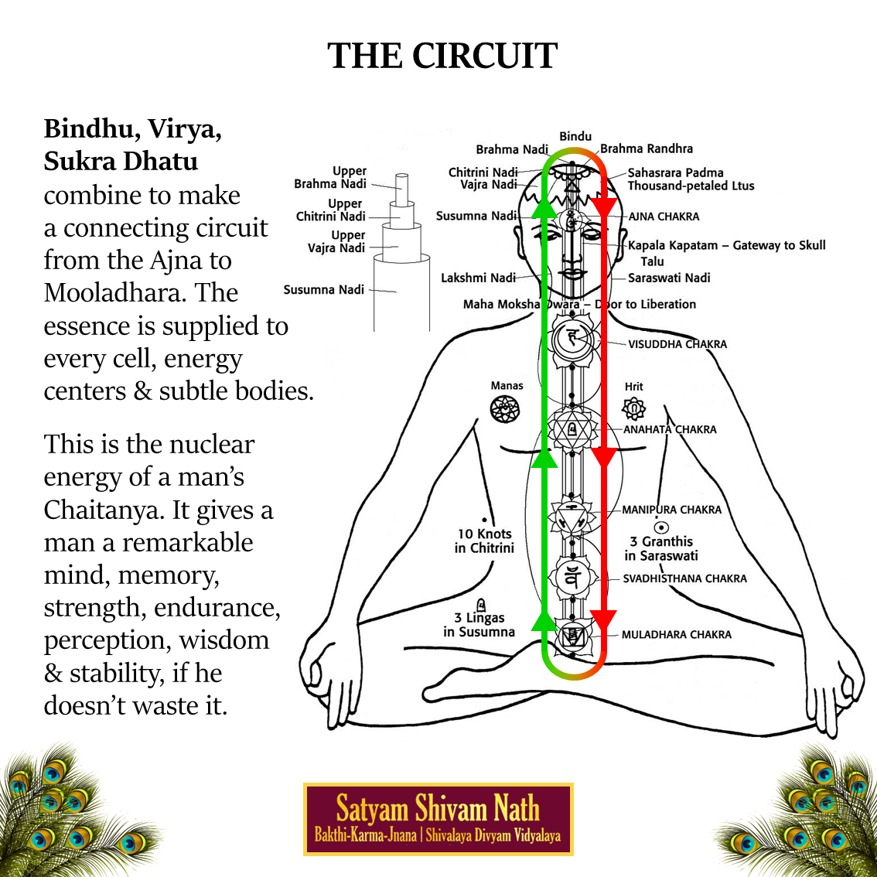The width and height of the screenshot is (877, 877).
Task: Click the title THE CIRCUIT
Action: (442, 56)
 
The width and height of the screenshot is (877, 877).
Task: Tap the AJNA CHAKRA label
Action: (664, 217)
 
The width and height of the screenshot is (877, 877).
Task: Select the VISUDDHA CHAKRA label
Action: (677, 344)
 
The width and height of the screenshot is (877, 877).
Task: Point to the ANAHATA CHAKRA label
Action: (670, 429)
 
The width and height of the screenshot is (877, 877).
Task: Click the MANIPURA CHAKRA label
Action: (671, 510)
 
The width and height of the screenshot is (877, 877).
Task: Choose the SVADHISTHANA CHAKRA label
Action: (684, 578)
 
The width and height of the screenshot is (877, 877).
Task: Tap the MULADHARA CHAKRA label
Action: (676, 634)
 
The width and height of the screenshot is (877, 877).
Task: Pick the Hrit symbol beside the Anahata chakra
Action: (633, 408)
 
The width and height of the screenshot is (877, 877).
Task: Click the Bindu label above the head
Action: (575, 136)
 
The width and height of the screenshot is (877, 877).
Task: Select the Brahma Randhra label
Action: (647, 148)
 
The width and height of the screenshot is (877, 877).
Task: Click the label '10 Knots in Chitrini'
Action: (484, 541)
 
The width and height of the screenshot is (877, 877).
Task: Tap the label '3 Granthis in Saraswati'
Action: (661, 548)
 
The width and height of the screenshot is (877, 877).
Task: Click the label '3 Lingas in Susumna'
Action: (479, 625)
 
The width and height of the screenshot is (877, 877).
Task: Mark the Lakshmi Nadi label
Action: (478, 278)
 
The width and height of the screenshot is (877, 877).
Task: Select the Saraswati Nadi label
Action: (668, 278)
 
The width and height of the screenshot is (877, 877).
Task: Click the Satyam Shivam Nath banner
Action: (438, 819)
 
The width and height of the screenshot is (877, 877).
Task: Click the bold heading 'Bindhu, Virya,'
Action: (133, 128)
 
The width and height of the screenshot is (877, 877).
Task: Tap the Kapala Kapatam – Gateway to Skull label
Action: (726, 245)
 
